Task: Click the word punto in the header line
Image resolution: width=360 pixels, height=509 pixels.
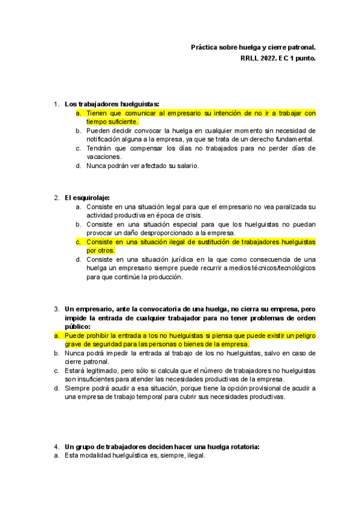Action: point(305,58)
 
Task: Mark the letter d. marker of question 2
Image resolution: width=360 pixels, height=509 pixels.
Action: point(79,259)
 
